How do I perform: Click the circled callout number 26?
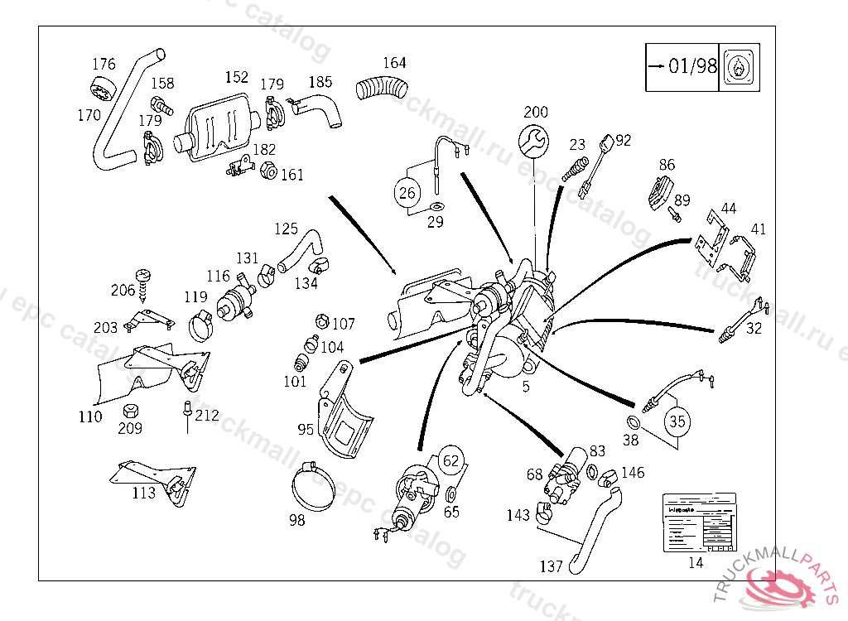(407, 194)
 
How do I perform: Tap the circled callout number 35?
(677, 421)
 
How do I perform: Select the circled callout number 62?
(451, 460)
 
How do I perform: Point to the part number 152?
(236, 77)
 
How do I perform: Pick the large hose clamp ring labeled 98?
(315, 487)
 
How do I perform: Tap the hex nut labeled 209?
(130, 412)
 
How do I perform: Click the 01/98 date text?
(693, 66)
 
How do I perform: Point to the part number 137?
(551, 566)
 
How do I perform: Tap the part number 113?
(143, 493)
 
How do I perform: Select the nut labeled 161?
(268, 171)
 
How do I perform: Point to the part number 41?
(759, 229)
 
